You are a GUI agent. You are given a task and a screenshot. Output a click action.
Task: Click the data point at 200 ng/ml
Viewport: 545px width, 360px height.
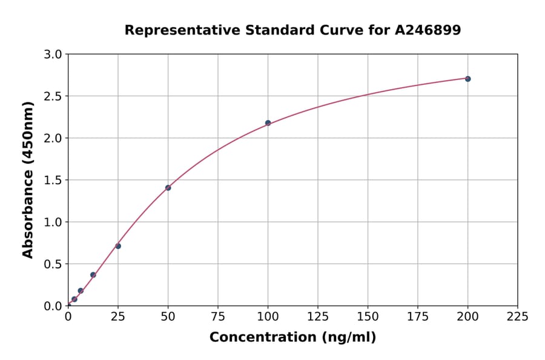(x=467, y=79)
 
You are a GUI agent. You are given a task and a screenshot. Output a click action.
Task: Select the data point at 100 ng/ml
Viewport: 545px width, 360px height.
(x=268, y=123)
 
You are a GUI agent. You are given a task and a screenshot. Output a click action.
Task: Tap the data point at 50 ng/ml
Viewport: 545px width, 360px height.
(x=168, y=188)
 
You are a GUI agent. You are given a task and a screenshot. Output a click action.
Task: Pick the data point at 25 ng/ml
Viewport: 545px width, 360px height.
(x=118, y=246)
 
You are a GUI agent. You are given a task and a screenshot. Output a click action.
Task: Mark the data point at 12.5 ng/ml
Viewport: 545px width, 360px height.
(x=93, y=275)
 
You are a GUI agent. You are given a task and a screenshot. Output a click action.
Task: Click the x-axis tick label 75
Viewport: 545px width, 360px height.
(x=218, y=316)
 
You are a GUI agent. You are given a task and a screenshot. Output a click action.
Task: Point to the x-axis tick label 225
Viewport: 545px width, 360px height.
(x=517, y=316)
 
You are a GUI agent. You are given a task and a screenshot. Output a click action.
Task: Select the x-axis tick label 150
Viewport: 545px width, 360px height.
(x=368, y=316)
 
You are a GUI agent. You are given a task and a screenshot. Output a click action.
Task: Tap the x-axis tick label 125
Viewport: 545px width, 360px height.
(x=318, y=316)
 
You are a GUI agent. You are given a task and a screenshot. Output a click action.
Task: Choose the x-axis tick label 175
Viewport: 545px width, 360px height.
(x=417, y=316)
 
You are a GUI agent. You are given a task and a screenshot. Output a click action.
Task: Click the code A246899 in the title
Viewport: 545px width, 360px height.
(x=428, y=30)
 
